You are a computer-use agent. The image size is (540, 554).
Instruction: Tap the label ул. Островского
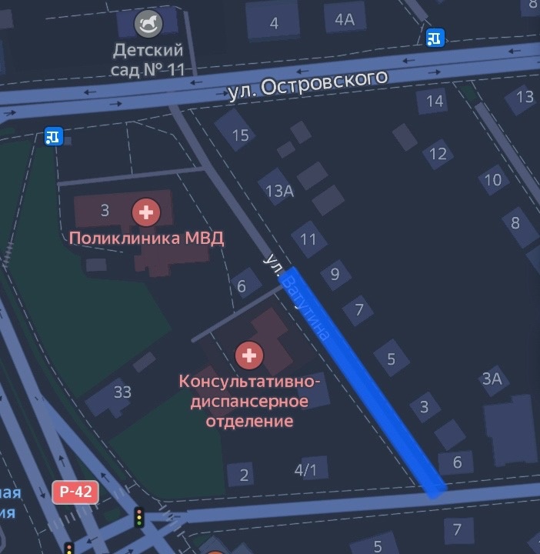307,84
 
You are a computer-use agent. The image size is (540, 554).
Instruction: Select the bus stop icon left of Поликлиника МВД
53,136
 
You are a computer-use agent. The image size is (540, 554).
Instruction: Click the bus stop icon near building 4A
435,37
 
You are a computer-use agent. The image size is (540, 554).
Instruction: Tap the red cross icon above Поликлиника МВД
145,210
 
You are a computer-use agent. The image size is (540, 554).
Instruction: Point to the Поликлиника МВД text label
146,238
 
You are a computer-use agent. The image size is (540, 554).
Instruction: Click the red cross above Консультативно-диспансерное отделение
249,355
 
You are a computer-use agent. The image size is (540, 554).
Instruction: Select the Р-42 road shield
75,492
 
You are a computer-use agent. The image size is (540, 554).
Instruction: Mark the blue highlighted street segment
362,381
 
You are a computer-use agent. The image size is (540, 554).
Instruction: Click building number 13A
279,192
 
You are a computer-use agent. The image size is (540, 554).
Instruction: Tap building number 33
122,392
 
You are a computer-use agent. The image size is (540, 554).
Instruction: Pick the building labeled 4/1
305,469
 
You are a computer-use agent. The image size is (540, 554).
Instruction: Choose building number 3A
492,378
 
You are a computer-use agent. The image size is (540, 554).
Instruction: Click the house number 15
240,135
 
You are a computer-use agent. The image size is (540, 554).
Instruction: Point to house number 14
435,101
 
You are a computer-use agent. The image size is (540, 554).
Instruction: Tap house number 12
438,154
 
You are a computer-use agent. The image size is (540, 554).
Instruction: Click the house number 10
492,181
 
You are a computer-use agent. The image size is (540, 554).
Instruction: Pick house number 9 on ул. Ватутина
335,273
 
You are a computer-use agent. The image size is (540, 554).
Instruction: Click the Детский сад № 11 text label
148,60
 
